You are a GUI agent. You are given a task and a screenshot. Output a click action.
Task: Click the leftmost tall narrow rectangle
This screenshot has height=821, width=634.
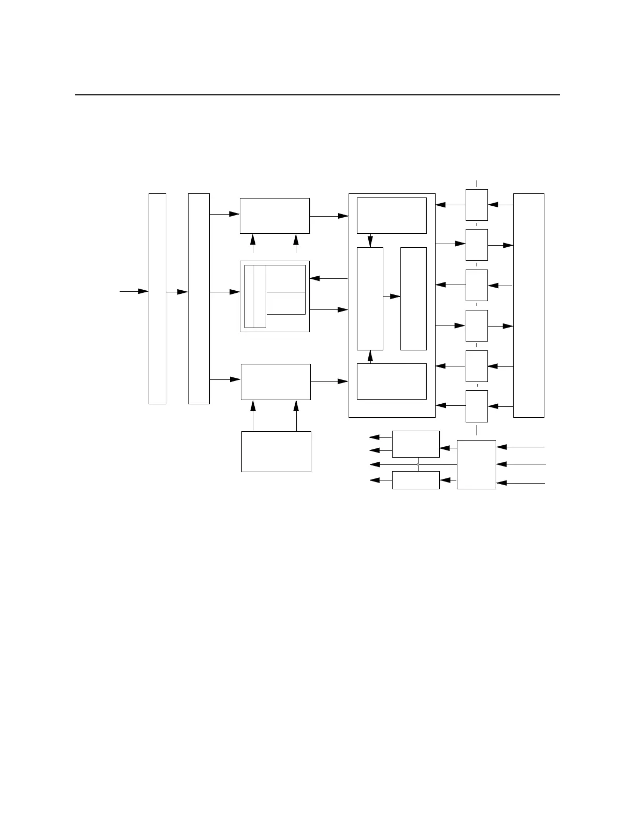click(157, 299)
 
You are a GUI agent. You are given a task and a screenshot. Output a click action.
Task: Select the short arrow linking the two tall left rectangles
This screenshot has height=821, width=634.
click(177, 292)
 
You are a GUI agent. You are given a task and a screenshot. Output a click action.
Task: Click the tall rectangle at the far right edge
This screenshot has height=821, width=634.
click(528, 305)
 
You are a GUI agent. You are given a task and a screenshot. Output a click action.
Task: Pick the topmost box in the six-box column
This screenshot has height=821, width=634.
click(477, 205)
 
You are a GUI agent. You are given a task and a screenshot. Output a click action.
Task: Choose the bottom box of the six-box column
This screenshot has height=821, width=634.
click(477, 406)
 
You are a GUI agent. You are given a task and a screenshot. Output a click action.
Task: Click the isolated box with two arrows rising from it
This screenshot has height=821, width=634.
click(276, 451)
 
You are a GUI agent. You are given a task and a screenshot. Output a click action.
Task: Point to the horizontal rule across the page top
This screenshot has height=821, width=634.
click(318, 95)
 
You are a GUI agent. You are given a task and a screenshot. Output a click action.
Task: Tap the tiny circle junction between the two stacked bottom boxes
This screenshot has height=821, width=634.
click(418, 464)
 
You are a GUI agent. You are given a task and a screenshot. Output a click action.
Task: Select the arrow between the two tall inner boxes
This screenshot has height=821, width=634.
click(392, 296)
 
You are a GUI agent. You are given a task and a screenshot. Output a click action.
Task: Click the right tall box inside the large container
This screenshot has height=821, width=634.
click(413, 299)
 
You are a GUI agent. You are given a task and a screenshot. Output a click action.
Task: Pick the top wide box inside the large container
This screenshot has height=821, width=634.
click(392, 215)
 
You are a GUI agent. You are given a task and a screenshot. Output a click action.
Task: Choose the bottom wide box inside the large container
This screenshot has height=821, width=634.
click(392, 381)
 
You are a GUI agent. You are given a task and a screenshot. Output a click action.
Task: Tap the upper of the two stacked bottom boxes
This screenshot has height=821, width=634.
click(415, 444)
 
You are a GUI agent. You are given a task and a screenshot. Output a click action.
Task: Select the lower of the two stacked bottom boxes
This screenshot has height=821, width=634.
click(415, 480)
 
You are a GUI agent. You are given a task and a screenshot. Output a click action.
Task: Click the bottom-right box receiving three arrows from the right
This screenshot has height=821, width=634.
click(477, 464)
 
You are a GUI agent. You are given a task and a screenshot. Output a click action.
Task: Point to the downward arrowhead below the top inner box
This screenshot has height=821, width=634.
click(370, 242)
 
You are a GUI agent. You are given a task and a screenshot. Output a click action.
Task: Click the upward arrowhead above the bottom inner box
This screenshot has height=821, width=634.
click(370, 356)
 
